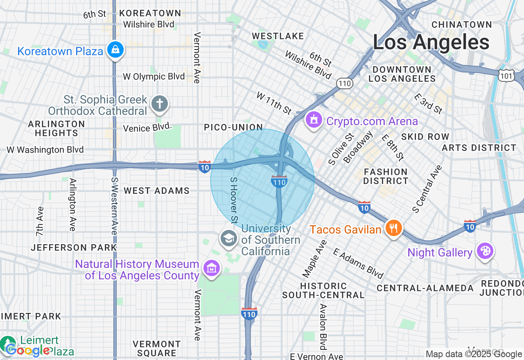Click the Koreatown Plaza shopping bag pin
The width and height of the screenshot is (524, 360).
coord(116,50)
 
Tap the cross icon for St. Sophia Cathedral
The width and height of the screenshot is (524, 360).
coord(160,103)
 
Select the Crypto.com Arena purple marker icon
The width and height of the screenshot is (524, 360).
coord(314,120)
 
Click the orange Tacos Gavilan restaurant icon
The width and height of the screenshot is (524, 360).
coord(393,228)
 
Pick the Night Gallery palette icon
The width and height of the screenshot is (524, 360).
coord(485,251)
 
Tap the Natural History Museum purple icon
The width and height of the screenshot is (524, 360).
coord(212,268)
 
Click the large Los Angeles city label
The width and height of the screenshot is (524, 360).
coord(431,43)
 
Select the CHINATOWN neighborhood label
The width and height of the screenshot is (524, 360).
coord(462,25)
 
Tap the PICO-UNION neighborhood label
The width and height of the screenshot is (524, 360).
coord(233,128)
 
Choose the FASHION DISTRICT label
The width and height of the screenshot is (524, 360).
coord(386,176)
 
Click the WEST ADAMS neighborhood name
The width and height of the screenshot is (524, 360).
coord(157,191)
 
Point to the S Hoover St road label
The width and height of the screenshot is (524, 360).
coord(234,200)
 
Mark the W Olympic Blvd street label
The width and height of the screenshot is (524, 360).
coord(154,77)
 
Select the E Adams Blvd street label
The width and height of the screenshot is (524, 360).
coord(358,263)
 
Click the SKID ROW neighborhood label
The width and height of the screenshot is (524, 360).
coord(425,137)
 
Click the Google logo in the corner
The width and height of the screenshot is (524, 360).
coord(27,351)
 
